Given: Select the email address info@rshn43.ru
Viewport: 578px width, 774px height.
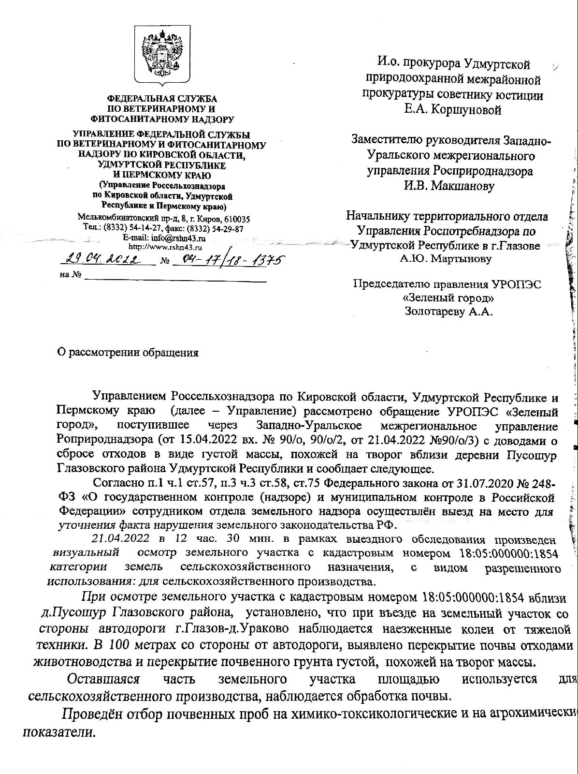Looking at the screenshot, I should click(178, 238).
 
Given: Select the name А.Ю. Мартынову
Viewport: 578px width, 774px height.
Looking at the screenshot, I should click(445, 258).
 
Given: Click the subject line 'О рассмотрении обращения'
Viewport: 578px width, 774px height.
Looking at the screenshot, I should click(128, 352).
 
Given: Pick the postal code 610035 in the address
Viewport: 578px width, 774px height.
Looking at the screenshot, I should click(235, 219).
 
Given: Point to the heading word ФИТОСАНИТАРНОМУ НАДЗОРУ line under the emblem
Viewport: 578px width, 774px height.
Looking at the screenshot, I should click(162, 119).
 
